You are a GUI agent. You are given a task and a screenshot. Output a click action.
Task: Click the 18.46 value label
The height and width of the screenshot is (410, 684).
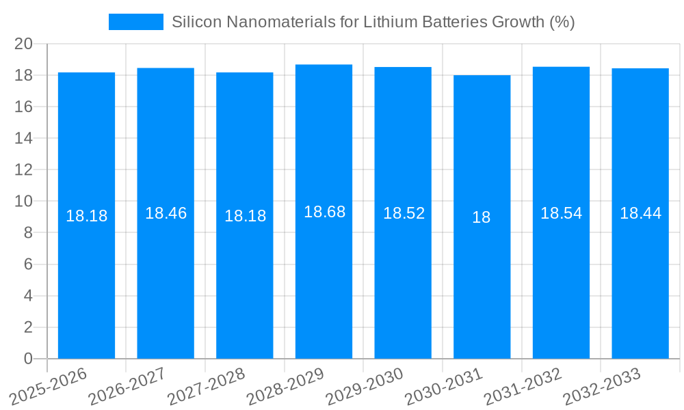tap(166, 213)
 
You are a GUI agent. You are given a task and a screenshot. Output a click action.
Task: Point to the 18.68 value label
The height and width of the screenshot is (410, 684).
tap(324, 212)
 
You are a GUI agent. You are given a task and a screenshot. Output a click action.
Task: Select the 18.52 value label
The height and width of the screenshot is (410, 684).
tap(404, 213)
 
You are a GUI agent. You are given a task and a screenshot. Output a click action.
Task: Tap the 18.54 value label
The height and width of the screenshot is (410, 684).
tap(561, 213)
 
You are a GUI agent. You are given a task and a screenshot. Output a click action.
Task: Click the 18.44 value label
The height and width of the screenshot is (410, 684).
tap(640, 213)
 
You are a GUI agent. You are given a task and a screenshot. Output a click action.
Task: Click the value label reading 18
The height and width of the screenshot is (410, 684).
tap(482, 217)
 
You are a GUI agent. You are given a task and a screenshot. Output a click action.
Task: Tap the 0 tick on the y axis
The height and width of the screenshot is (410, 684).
tap(28, 359)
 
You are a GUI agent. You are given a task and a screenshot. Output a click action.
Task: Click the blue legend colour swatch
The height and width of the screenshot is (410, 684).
tap(136, 22)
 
